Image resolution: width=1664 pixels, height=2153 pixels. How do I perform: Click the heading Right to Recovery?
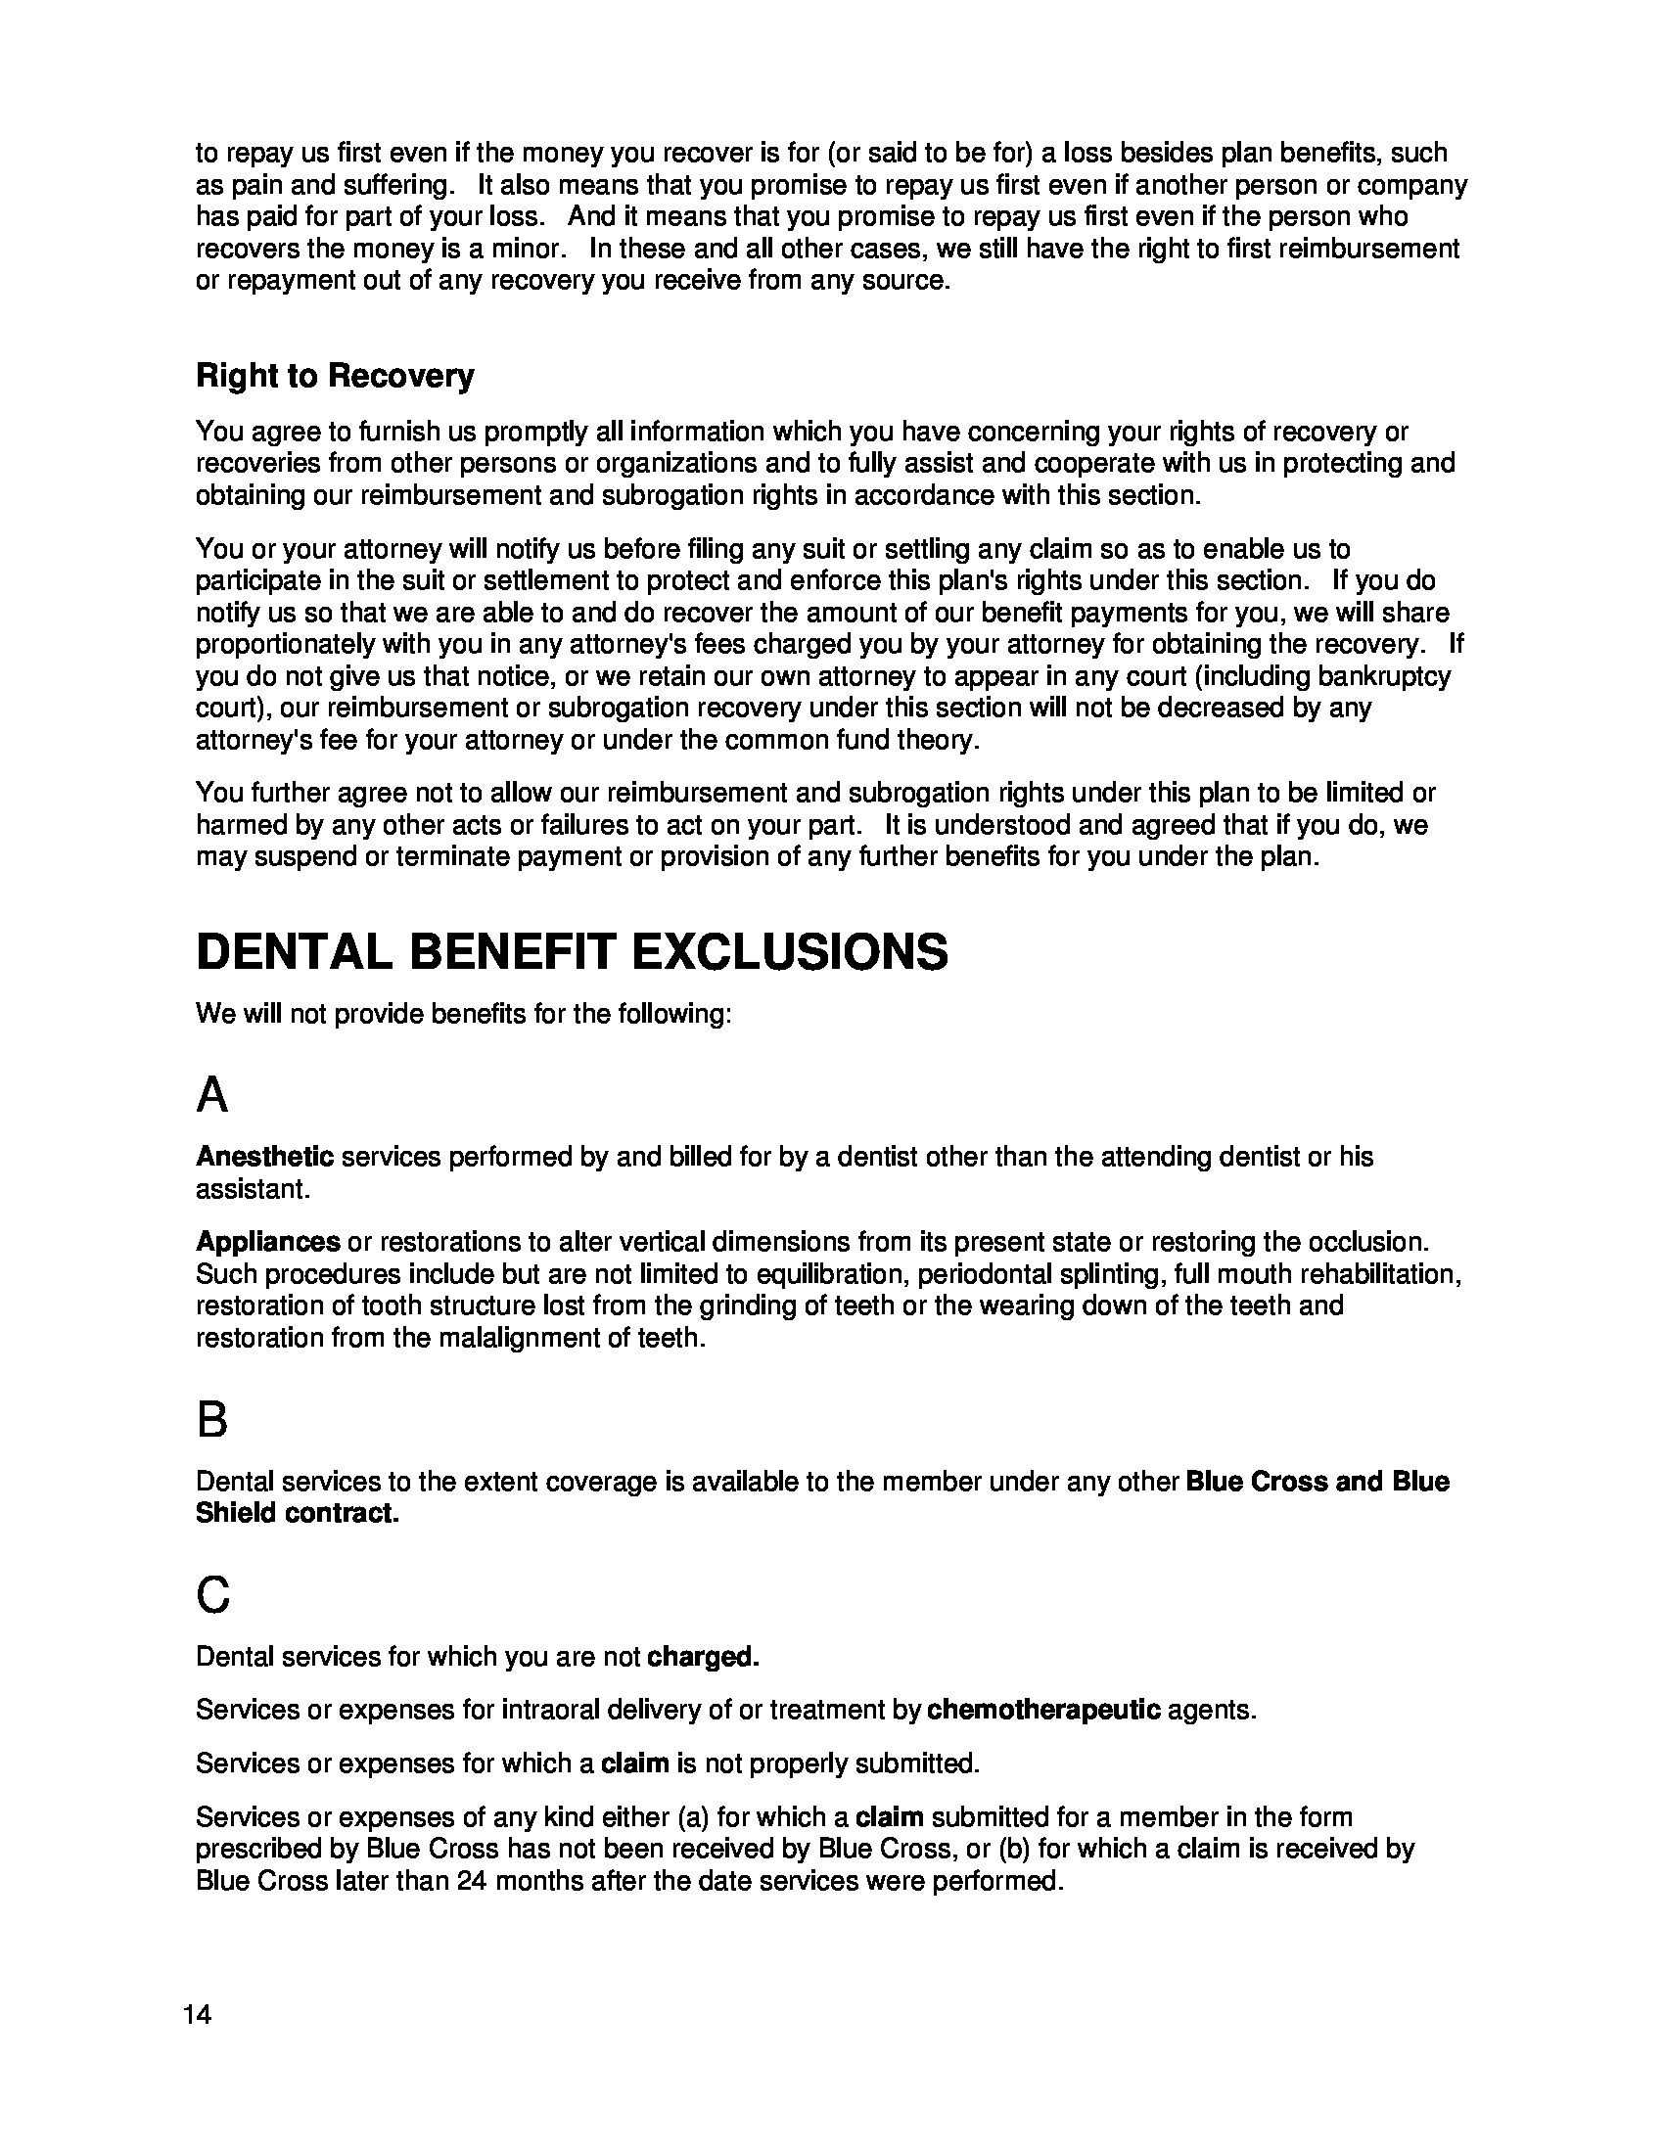click(x=334, y=376)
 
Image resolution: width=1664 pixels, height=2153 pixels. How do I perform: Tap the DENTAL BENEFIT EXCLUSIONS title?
click(x=572, y=952)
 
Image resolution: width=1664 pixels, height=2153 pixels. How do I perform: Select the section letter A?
click(x=212, y=1095)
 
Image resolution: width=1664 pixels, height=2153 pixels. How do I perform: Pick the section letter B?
click(x=212, y=1421)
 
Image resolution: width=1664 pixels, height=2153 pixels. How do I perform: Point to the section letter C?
click(x=213, y=1594)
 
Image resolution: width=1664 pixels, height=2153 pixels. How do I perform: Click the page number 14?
click(x=197, y=2014)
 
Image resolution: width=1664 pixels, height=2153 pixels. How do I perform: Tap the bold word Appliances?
click(x=268, y=1241)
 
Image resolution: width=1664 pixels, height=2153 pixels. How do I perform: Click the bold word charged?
click(x=703, y=1656)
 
